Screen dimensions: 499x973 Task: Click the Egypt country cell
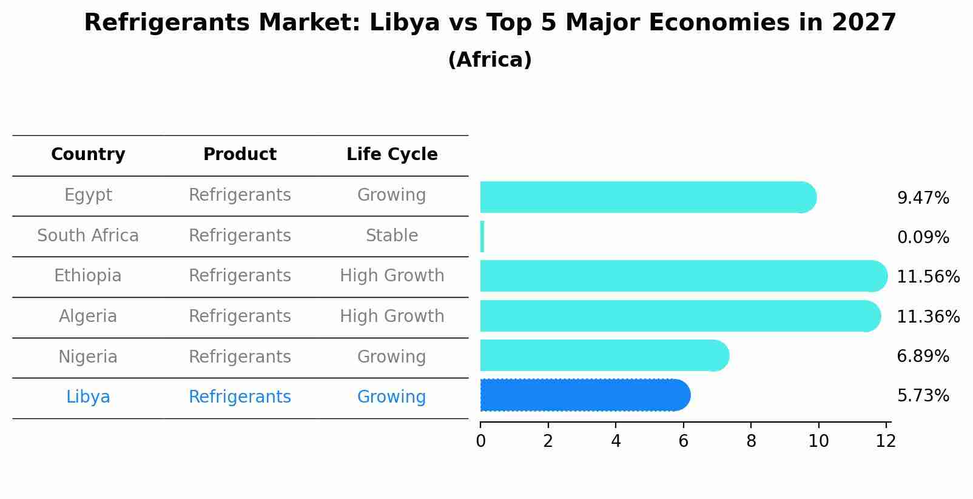[x=88, y=195]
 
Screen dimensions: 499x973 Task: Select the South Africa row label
[x=88, y=236]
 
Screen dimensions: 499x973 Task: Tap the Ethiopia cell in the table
[x=88, y=276]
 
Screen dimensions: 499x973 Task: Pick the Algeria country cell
[x=88, y=316]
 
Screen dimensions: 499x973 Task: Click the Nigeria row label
[x=88, y=357]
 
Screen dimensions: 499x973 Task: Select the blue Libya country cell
[x=88, y=397]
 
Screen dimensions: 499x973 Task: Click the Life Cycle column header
[x=392, y=155]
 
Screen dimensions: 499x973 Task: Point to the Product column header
[x=240, y=155]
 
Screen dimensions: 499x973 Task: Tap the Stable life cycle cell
[x=392, y=236]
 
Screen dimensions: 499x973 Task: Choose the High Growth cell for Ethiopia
[x=392, y=276]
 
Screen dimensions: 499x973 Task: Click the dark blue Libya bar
[x=582, y=395]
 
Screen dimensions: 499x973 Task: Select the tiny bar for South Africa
[x=482, y=236]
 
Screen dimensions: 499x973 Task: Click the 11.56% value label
[x=928, y=277]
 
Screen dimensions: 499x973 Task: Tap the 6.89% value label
[x=923, y=357]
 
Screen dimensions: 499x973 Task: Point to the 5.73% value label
[x=923, y=396]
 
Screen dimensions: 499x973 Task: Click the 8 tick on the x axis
[x=751, y=441]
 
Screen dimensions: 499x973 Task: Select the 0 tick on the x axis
[x=480, y=441]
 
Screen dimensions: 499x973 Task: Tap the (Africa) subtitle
[x=490, y=60]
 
